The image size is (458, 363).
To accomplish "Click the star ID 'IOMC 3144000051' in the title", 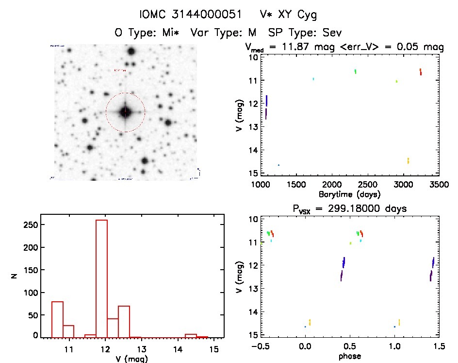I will [x=191, y=15].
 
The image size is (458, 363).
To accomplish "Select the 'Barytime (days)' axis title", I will [x=349, y=194].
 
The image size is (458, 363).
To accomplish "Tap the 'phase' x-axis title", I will [x=349, y=356].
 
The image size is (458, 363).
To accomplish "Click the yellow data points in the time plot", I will [x=408, y=160].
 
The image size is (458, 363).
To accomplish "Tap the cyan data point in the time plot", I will [x=313, y=79].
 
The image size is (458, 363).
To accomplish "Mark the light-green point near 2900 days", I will [x=396, y=81].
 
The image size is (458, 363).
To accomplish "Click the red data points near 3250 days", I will [x=420, y=72].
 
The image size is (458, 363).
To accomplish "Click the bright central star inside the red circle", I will [x=125, y=112].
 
